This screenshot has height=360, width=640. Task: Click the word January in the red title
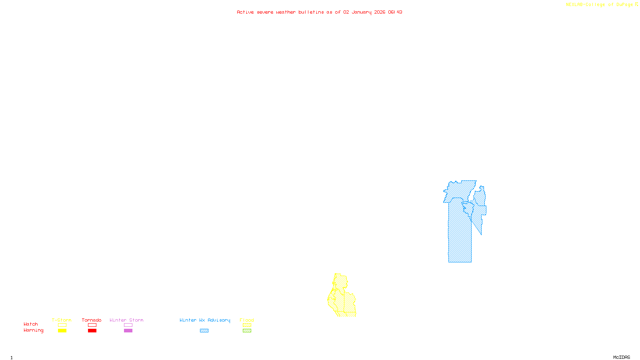(362, 12)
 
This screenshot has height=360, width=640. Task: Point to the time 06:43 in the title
(395, 12)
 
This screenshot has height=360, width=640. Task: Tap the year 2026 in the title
(380, 12)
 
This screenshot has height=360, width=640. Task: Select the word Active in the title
(245, 12)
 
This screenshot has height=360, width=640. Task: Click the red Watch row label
(31, 324)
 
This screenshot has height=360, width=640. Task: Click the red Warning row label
(34, 330)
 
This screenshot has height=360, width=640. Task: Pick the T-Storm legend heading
(62, 320)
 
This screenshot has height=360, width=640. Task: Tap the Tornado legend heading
(92, 320)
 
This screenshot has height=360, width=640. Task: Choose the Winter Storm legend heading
(126, 320)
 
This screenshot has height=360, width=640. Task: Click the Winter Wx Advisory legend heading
(205, 320)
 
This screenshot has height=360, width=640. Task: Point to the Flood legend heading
(247, 320)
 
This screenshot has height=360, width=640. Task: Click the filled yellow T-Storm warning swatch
(62, 331)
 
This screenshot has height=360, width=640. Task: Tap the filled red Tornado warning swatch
(92, 331)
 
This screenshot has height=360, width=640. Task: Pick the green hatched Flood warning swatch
(247, 331)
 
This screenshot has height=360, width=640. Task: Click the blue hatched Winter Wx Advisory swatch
(204, 331)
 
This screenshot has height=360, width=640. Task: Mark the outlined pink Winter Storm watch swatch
(128, 325)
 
